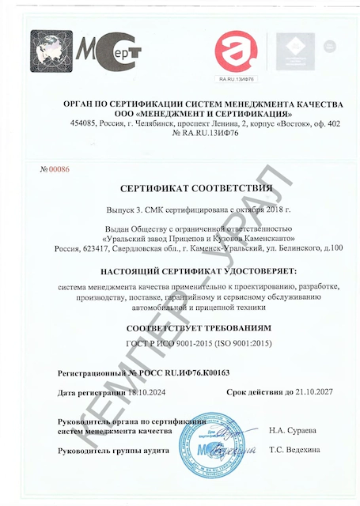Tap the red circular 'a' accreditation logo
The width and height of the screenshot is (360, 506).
[x=235, y=49]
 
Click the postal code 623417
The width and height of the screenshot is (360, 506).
[x=99, y=249]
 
